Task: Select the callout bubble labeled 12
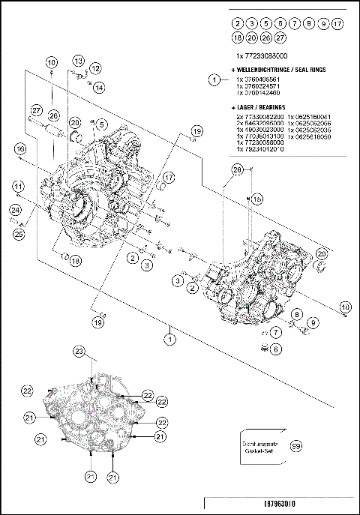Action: click(95, 69)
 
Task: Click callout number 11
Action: click(16, 185)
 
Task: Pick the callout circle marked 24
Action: click(14, 211)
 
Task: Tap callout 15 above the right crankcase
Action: click(256, 199)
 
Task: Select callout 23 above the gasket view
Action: click(79, 351)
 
